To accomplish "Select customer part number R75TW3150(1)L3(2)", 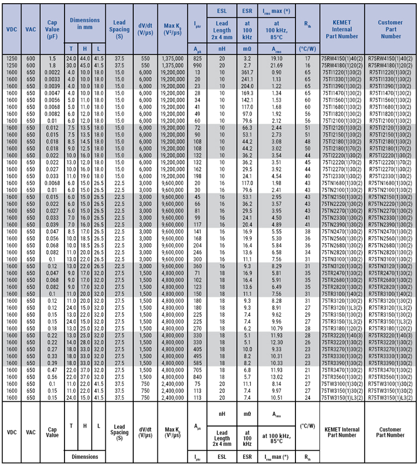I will click(x=391, y=398).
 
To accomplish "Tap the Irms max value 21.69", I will click(x=277, y=65).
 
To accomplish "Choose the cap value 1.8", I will click(x=52, y=65).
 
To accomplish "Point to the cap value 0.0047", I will click(x=52, y=93).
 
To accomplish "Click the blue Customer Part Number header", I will click(x=391, y=30).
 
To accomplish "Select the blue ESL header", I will click(x=222, y=11).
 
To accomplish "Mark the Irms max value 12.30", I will click(x=277, y=342).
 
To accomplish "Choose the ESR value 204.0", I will click(x=247, y=86).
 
